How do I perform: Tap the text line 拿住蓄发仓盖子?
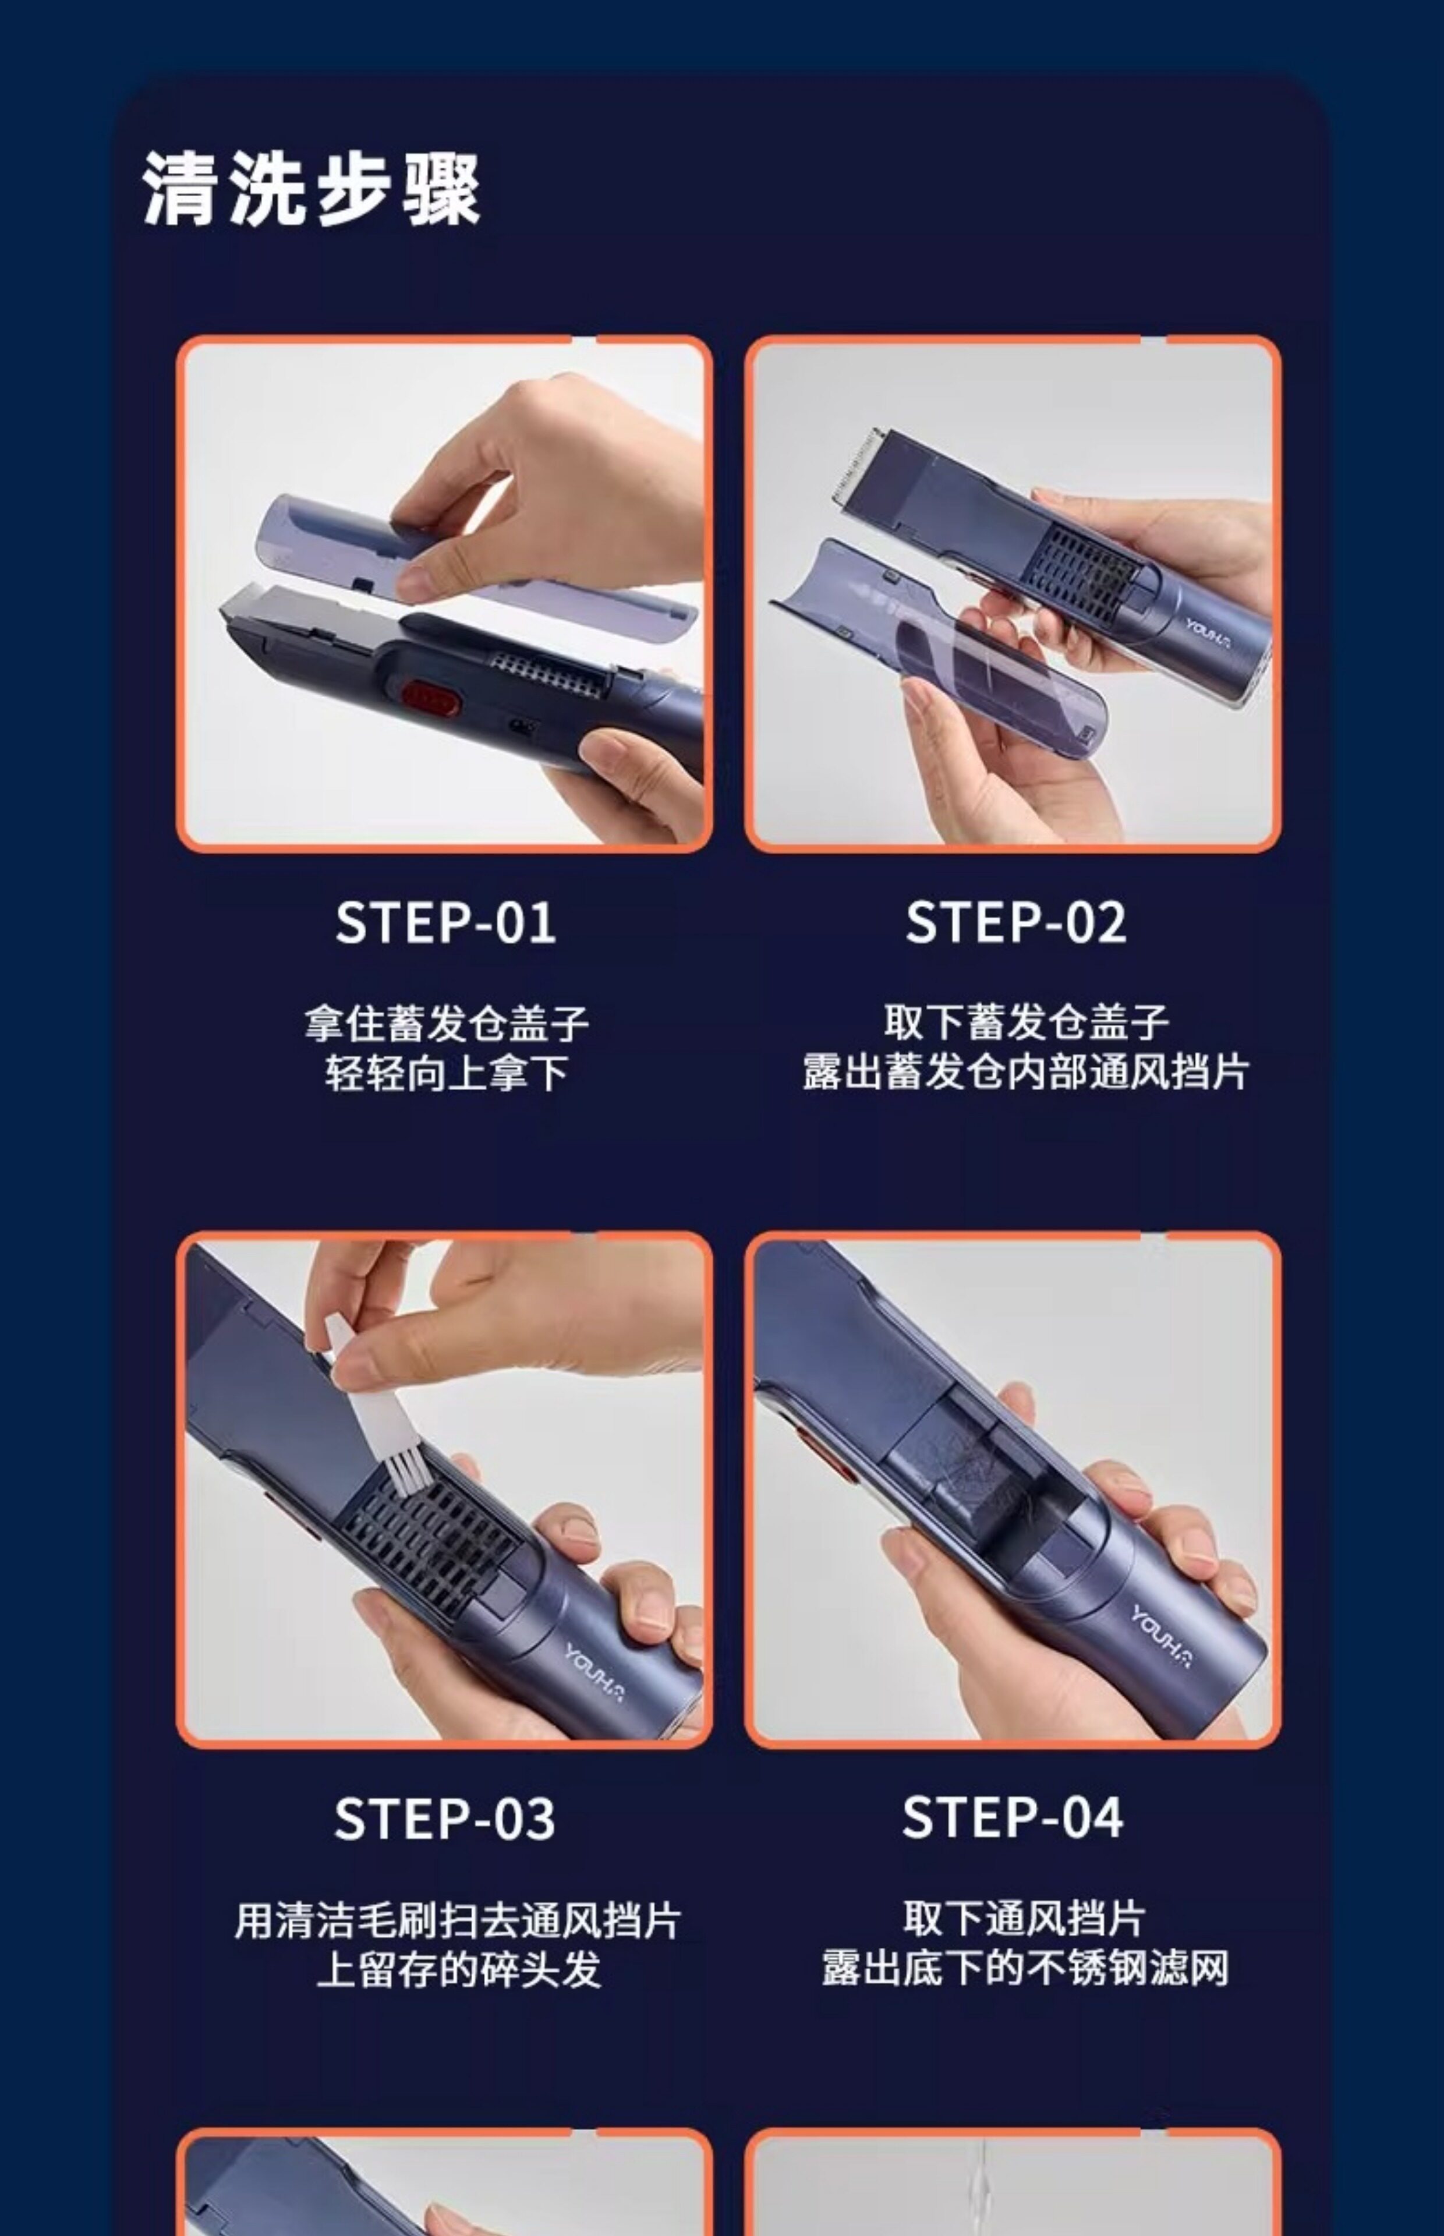pos(447,1023)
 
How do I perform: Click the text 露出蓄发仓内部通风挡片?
pos(1026,1071)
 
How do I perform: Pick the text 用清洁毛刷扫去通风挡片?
pos(458,1919)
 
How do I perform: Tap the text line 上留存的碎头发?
pos(458,1969)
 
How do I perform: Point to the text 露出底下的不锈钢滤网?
pos(1025,1968)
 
